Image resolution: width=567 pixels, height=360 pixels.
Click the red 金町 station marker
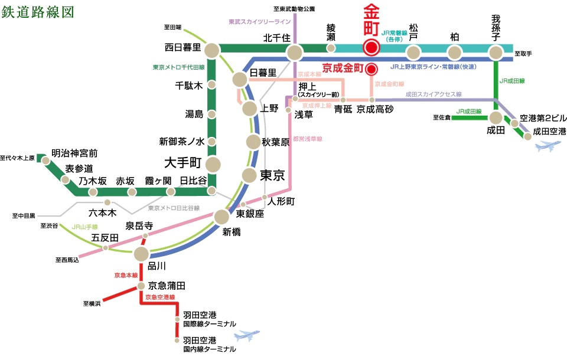[371, 48]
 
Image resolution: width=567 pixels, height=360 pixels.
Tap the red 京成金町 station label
[343, 68]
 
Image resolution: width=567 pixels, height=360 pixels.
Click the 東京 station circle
[249, 175]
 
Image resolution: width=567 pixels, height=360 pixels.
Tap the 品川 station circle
[141, 254]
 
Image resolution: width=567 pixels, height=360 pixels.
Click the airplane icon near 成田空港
[547, 147]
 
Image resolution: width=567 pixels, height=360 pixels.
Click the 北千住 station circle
[294, 53]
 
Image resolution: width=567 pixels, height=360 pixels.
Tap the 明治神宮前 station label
[74, 153]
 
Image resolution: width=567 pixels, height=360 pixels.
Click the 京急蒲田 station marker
[141, 286]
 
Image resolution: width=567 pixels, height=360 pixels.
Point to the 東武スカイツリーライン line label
[260, 22]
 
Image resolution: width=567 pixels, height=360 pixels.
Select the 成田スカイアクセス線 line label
[434, 94]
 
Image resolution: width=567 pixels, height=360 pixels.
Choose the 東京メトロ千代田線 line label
[178, 67]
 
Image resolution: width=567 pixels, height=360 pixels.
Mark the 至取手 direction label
[523, 54]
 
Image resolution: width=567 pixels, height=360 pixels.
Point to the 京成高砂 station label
[375, 110]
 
